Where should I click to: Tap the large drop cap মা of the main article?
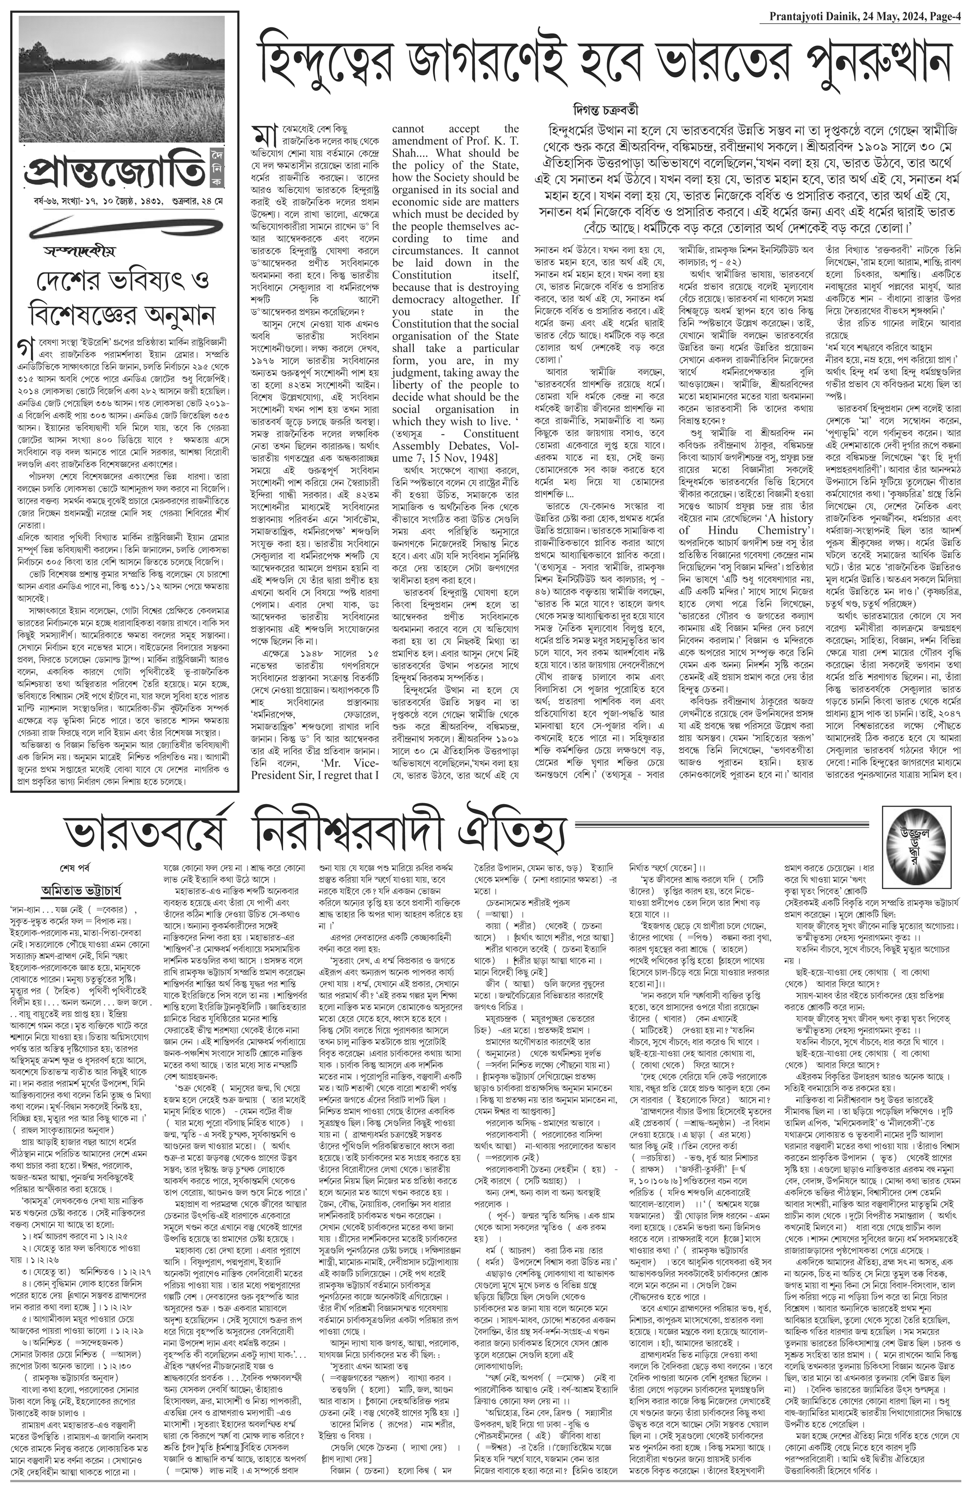tap(261, 135)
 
